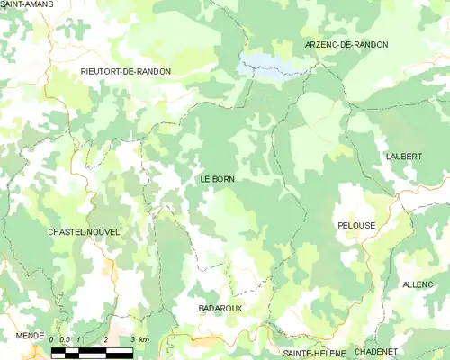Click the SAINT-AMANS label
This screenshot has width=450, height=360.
coord(26,5)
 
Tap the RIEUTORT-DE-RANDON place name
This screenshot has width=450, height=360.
coord(125,71)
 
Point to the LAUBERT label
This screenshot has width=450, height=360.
coord(404,157)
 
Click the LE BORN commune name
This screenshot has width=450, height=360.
coord(217,180)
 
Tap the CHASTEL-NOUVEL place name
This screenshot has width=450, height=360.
coord(84,232)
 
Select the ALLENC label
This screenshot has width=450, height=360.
coord(418,284)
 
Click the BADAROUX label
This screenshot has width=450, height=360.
coord(220,308)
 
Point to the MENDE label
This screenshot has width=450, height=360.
coord(30,335)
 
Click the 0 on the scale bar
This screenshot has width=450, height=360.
coord(52,339)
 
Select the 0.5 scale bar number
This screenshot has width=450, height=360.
coord(65,339)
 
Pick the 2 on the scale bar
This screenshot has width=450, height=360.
coord(106,339)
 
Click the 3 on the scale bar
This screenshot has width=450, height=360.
coord(133,339)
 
